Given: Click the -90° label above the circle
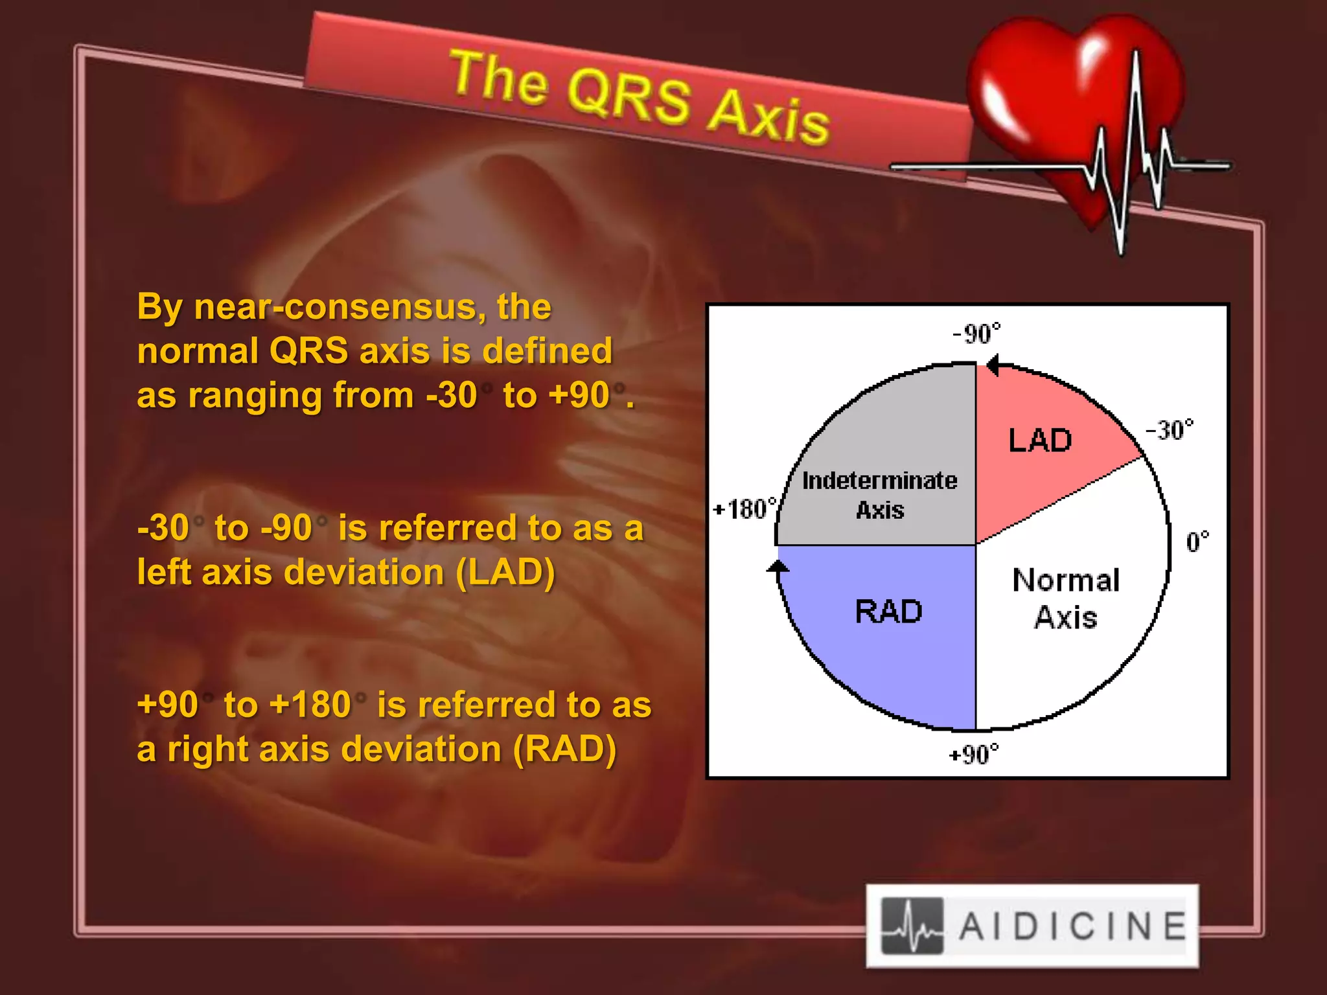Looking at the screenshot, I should pyautogui.click(x=976, y=334).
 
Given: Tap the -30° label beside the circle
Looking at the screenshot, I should pyautogui.click(x=1169, y=429).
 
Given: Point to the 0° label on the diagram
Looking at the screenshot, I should pyautogui.click(x=1197, y=542).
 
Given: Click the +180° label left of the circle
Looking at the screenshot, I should pyautogui.click(x=744, y=509).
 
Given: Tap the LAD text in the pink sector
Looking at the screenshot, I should pyautogui.click(x=1040, y=440).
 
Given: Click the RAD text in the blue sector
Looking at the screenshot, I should pyautogui.click(x=888, y=612).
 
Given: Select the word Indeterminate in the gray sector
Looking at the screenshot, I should pyautogui.click(x=879, y=481).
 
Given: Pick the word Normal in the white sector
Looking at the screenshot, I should pyautogui.click(x=1066, y=580).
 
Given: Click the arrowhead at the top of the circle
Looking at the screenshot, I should pyautogui.click(x=991, y=365).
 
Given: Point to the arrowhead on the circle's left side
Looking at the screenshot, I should pyautogui.click(x=778, y=567).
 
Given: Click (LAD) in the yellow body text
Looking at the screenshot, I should pyautogui.click(x=505, y=573).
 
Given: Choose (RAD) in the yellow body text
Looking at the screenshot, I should pyautogui.click(x=564, y=749).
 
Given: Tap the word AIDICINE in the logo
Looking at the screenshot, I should pyautogui.click(x=1072, y=926).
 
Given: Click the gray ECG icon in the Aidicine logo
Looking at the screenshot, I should pyautogui.click(x=912, y=926).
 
